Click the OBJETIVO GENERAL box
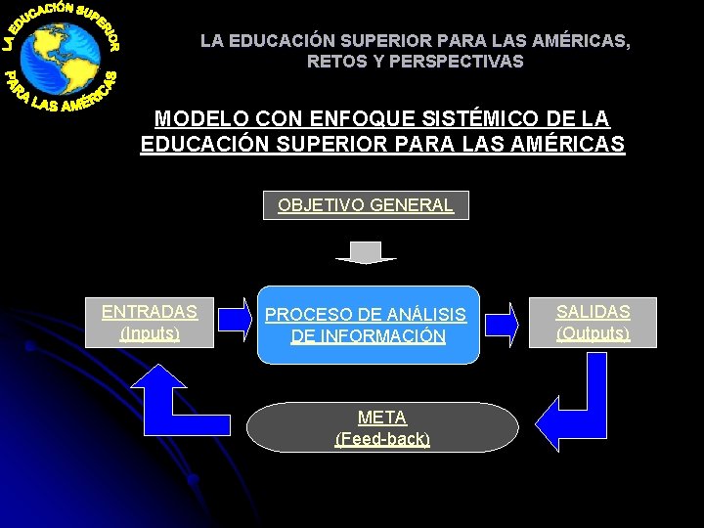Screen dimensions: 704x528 pos(366,205)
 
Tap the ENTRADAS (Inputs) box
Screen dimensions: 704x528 pos(150,323)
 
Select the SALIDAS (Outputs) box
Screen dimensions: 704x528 pos(593,323)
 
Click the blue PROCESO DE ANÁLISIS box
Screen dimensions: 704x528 pos(368,325)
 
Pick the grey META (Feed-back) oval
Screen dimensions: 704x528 pos(382,428)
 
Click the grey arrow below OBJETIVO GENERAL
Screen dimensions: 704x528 pos(366,252)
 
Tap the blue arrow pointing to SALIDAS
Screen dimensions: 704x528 pos(502,324)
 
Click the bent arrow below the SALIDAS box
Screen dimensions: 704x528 pos(578,407)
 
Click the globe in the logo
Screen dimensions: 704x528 pos(60,58)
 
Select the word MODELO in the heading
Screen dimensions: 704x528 pos(191,119)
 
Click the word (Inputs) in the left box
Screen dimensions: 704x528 pos(150,333)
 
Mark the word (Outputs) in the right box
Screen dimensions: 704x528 pos(593,333)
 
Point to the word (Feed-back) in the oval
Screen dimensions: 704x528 pos(382,439)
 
